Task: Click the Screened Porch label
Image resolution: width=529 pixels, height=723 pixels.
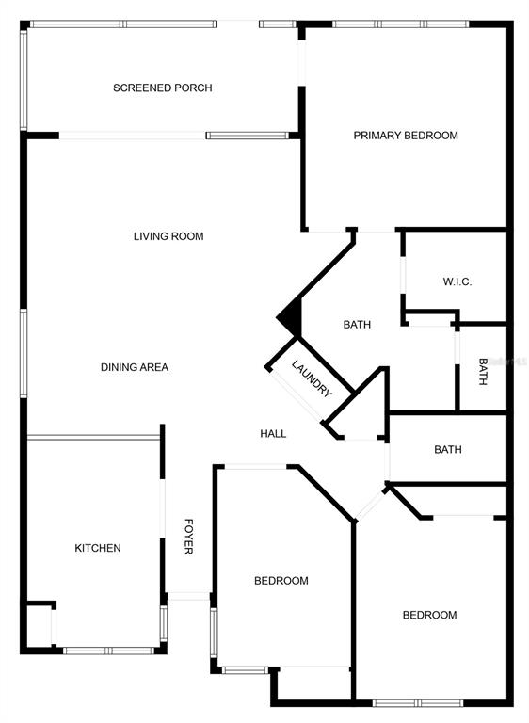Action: point(162,88)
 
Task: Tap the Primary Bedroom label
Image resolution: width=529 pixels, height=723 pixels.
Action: point(406,136)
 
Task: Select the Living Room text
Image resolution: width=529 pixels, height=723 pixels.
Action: point(168,236)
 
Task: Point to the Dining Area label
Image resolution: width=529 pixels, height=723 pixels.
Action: point(135,367)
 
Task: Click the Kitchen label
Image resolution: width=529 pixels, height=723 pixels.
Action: point(98,548)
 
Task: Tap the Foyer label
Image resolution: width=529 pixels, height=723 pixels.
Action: point(188,537)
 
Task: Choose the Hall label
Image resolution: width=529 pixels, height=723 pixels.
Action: point(273,433)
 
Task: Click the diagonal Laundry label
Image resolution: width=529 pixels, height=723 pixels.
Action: point(312,378)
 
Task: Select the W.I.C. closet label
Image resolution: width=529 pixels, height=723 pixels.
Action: point(457,281)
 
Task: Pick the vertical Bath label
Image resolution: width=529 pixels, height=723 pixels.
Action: point(483,372)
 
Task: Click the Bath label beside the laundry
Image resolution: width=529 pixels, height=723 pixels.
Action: point(357,325)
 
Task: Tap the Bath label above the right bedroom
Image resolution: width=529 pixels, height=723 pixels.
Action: point(448,449)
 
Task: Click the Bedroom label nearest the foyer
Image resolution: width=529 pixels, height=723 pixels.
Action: point(281,581)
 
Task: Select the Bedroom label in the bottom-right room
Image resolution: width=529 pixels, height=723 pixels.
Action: point(429,615)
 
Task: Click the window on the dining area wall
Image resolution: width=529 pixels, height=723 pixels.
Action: point(24,353)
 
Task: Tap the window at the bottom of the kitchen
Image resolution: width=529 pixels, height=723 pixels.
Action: point(108,651)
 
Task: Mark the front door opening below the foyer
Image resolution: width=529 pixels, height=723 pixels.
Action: point(188,596)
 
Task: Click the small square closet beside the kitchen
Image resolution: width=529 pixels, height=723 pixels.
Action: point(40,625)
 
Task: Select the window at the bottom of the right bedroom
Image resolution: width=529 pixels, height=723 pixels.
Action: point(418,703)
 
